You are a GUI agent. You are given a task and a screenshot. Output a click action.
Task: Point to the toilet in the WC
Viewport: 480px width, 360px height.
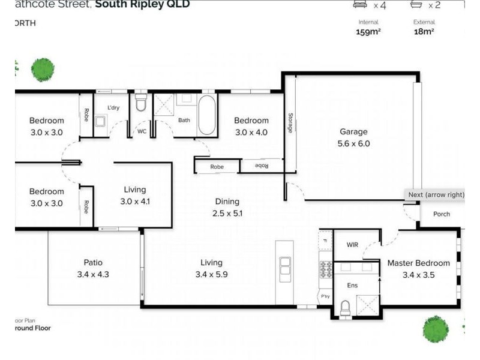point(141,103)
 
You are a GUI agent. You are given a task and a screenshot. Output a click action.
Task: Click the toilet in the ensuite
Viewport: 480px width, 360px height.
point(345,308)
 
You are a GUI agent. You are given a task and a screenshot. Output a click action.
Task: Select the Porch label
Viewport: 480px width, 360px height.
point(441,214)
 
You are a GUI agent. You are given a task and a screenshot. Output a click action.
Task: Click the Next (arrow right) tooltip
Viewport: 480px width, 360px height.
point(436,195)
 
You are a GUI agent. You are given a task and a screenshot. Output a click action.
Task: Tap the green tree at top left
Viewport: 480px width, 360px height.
point(43,70)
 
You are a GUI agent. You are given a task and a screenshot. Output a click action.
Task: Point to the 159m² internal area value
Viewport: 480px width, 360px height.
point(368,32)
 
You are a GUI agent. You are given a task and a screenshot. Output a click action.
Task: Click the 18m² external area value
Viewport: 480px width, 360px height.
point(424,32)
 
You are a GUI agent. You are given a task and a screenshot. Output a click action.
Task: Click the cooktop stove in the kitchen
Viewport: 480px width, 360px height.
point(326,270)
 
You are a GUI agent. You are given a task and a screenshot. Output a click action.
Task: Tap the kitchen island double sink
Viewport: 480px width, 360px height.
point(286,266)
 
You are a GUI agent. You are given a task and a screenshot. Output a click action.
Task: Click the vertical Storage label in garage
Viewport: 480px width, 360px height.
point(290,122)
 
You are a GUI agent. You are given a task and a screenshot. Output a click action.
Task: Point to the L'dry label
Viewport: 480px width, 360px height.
point(113,108)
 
